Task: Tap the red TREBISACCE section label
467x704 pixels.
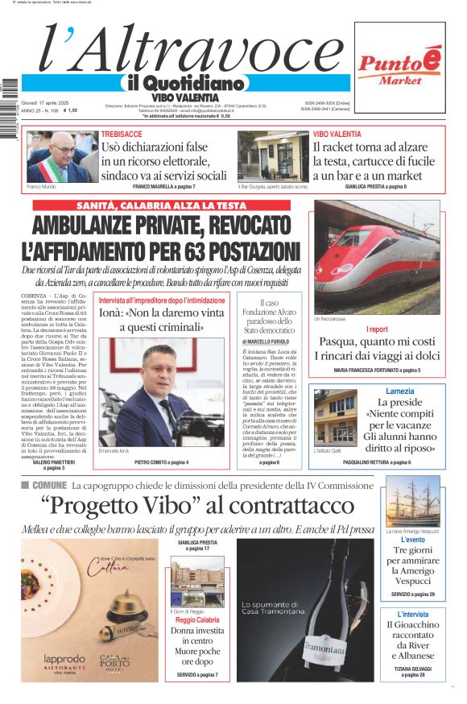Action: click(x=122, y=134)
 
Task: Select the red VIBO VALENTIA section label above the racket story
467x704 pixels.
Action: click(x=337, y=134)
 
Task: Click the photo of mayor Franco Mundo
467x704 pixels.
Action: click(x=57, y=156)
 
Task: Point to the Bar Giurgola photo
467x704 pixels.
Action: click(x=273, y=156)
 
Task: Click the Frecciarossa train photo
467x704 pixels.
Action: click(x=376, y=257)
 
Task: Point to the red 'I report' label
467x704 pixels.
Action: click(x=377, y=329)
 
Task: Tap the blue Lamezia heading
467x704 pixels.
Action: click(x=399, y=391)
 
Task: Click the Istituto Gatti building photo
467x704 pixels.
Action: click(x=335, y=416)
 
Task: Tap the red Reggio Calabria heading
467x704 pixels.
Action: click(x=197, y=620)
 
